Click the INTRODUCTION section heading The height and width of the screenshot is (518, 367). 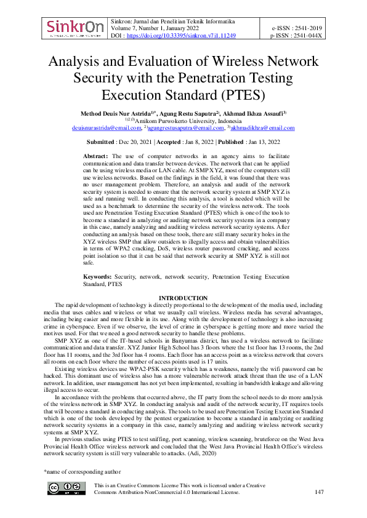(183, 298)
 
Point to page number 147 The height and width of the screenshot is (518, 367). (319, 492)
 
